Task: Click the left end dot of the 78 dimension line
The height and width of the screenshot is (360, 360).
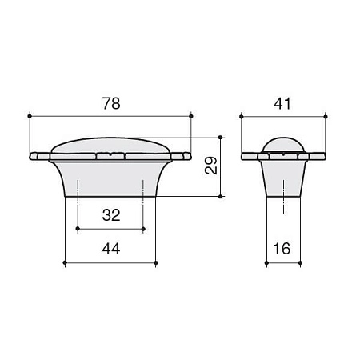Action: click(29, 117)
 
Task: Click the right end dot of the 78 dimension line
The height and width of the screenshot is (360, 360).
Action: click(192, 117)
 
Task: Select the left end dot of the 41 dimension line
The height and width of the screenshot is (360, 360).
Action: click(242, 117)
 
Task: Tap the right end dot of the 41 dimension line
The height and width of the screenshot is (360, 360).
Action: click(326, 117)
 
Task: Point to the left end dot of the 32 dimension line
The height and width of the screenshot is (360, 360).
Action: click(78, 229)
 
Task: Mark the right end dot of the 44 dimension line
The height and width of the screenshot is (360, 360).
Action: click(156, 262)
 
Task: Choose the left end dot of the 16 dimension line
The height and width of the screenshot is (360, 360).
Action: click(266, 262)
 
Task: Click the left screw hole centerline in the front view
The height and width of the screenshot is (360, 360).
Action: click(78, 192)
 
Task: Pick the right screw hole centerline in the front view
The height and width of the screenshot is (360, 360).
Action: click(142, 192)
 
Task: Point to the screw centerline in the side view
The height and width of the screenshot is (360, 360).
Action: click(284, 200)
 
